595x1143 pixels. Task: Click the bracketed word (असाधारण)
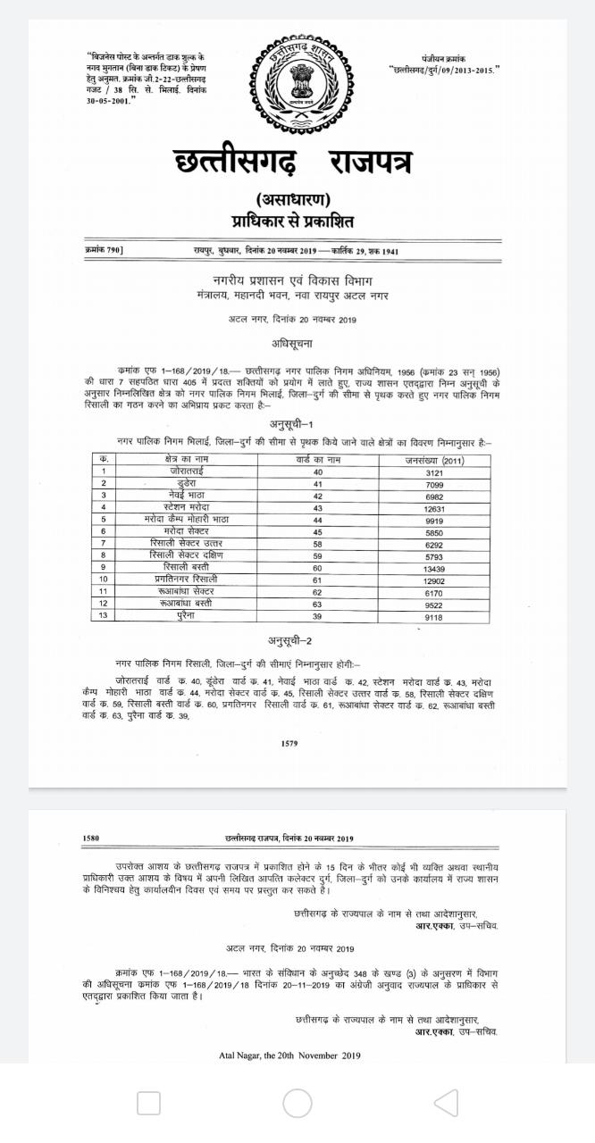tap(294, 199)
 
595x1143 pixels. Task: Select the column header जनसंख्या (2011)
tap(434, 459)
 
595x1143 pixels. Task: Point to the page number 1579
tap(289, 743)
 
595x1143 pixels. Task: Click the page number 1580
tap(90, 838)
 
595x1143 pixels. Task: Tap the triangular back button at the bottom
tap(446, 1103)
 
